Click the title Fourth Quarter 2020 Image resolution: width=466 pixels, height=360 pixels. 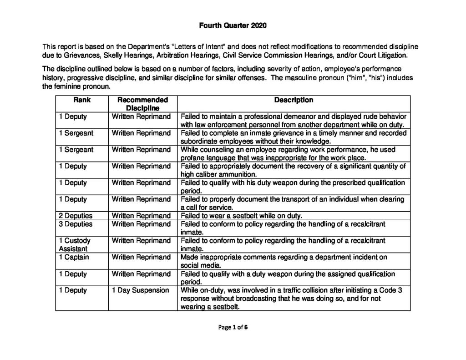(233, 25)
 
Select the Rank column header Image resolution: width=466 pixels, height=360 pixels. (82, 100)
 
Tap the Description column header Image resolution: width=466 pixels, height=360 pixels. (294, 100)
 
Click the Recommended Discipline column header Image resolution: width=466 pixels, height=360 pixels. (142, 104)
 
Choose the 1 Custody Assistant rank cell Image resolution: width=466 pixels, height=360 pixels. (75, 244)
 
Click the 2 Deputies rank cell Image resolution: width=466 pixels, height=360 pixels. (76, 215)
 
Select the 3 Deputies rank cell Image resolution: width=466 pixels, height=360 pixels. (76, 224)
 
